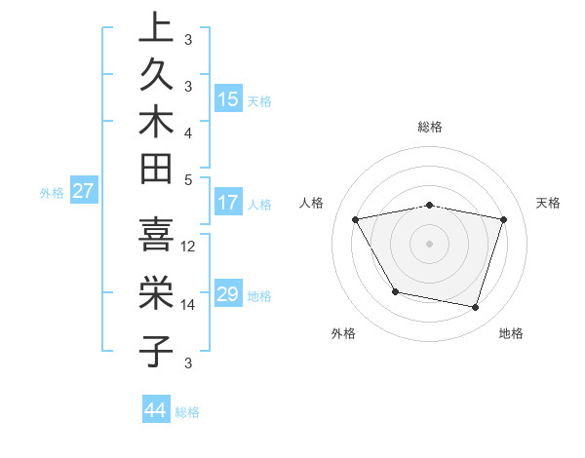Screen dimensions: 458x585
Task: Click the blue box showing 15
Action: tap(228, 99)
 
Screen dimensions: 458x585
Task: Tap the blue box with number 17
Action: tap(228, 204)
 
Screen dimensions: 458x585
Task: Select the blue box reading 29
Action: tap(228, 294)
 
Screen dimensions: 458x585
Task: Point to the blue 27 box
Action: tap(83, 191)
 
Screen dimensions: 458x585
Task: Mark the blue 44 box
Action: tap(156, 410)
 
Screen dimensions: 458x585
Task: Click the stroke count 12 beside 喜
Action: tap(189, 246)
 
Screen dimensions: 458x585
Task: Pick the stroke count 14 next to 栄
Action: tap(189, 305)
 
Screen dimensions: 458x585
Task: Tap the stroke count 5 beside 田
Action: tap(188, 179)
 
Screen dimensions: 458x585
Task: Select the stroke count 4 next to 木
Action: tap(188, 132)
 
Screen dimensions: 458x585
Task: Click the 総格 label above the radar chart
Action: tap(430, 127)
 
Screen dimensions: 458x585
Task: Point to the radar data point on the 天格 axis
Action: tap(504, 219)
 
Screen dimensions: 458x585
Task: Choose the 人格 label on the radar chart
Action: tap(312, 203)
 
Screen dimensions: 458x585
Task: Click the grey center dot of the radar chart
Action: tap(430, 243)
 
